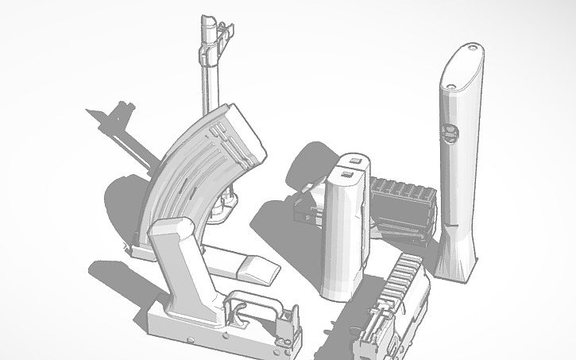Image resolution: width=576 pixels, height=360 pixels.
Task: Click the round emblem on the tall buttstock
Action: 450,133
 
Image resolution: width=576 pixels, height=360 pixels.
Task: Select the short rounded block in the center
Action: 343,230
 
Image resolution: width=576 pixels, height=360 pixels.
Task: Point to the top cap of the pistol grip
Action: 168,228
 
